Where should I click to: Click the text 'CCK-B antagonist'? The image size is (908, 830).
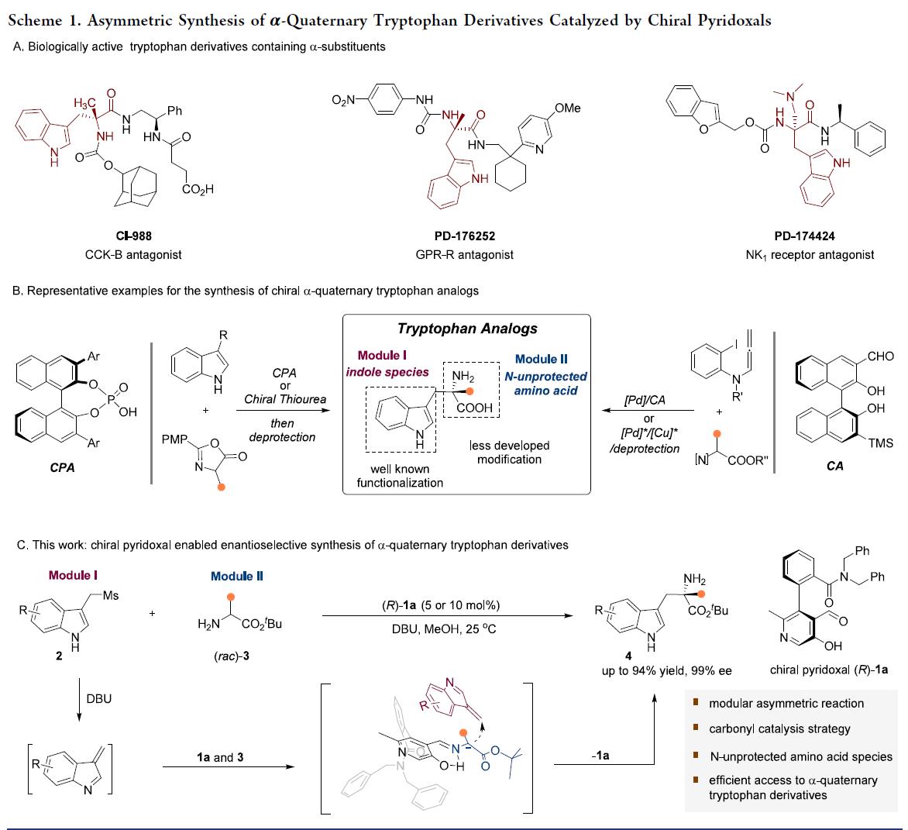click(136, 254)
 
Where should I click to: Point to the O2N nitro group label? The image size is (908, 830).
click(345, 100)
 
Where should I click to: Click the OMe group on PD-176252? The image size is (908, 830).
click(568, 108)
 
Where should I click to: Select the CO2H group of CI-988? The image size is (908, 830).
click(198, 189)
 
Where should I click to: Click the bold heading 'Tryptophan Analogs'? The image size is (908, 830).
click(466, 329)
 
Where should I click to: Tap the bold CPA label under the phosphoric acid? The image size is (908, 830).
click(62, 468)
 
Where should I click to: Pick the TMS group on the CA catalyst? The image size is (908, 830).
click(880, 443)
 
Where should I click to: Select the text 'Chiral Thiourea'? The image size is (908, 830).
click(285, 399)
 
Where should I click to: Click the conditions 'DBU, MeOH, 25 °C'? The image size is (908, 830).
click(444, 629)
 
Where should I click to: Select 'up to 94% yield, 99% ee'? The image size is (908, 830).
click(667, 670)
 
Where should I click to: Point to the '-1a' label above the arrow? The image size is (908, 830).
click(600, 755)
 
